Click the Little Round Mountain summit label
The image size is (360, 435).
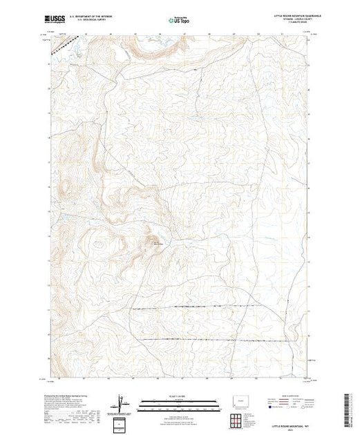click(158, 242)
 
